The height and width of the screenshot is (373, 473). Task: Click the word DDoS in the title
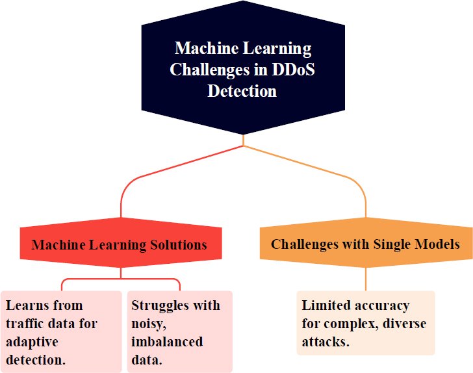click(294, 70)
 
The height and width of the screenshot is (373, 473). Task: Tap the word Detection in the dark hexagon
click(242, 91)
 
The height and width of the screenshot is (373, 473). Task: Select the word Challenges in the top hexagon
click(210, 70)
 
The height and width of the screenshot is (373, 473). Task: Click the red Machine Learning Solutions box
click(121, 242)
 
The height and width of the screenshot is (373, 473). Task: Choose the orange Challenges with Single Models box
click(366, 242)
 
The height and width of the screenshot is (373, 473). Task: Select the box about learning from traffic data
click(61, 331)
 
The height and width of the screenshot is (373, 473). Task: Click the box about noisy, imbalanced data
click(180, 331)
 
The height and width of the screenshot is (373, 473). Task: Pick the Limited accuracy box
click(366, 323)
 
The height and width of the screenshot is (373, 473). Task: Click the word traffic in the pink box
click(25, 324)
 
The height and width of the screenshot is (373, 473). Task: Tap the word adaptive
click(32, 342)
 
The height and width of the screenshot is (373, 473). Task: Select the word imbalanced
click(167, 342)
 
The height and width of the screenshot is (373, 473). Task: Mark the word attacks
click(326, 342)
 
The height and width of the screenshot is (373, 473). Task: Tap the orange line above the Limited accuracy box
click(366, 279)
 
